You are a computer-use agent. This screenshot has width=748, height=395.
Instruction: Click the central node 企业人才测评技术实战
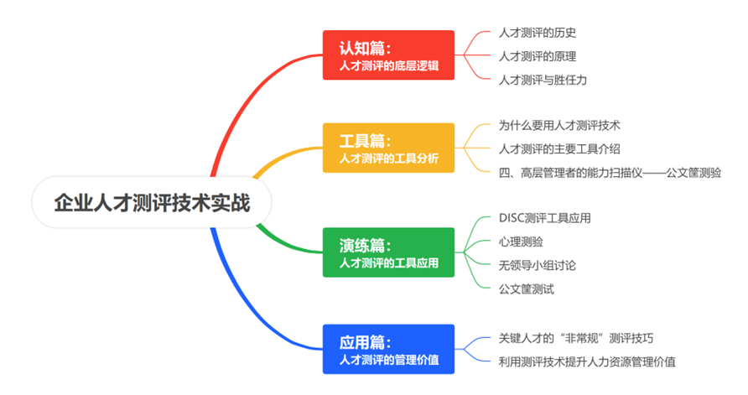click(152, 202)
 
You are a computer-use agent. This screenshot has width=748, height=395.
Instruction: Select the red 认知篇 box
click(388, 55)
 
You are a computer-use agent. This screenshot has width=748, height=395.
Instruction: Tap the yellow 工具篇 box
click(388, 148)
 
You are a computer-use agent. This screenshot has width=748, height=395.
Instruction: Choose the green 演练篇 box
click(388, 252)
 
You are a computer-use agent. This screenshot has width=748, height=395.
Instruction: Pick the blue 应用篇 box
click(388, 349)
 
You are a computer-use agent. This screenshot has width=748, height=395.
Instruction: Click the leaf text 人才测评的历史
click(538, 33)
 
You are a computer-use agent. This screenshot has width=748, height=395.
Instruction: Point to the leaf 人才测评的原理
click(538, 56)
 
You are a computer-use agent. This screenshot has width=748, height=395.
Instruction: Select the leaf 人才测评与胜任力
click(543, 80)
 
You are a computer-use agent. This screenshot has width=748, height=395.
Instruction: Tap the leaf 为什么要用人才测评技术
click(559, 126)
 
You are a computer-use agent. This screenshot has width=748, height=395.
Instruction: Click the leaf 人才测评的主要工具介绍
click(559, 148)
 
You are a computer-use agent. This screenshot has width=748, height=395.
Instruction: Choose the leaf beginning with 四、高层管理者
click(610, 173)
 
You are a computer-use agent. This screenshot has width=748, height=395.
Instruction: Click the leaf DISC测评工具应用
click(545, 218)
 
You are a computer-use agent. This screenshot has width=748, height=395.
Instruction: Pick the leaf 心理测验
click(521, 242)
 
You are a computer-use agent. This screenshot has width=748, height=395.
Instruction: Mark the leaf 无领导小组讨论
click(538, 265)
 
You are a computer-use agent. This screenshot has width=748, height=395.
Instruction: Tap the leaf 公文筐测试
click(526, 289)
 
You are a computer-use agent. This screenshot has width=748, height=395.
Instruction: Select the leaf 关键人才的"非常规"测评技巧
click(576, 338)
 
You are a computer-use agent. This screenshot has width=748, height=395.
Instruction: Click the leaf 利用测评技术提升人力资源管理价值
click(587, 362)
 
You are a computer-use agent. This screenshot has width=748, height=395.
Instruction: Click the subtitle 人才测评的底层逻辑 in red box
click(389, 65)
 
